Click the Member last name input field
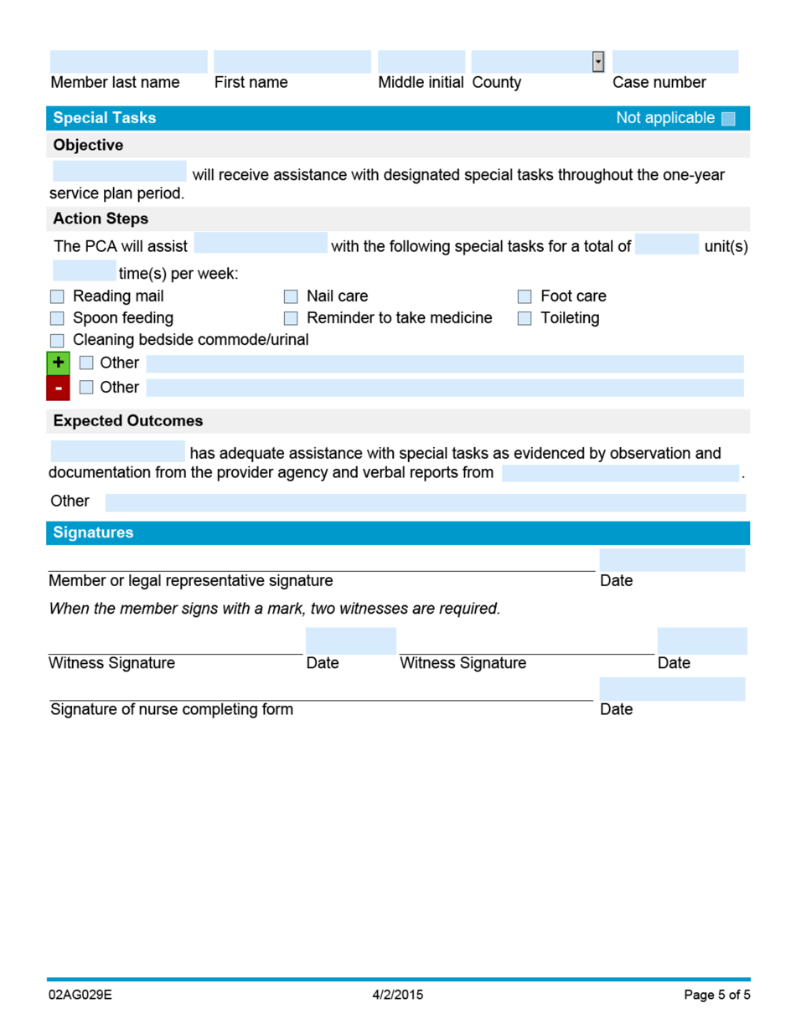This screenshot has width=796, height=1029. (x=128, y=62)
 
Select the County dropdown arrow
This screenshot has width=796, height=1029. (x=597, y=61)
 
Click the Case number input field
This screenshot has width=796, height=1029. (x=675, y=62)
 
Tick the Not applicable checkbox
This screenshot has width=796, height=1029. (x=727, y=119)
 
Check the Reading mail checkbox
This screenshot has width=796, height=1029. (x=57, y=296)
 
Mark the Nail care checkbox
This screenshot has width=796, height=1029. (x=291, y=296)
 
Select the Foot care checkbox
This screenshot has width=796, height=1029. (x=525, y=296)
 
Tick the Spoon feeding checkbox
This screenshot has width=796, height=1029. (x=57, y=318)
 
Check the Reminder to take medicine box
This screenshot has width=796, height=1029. (x=291, y=318)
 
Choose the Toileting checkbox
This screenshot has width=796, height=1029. (x=525, y=318)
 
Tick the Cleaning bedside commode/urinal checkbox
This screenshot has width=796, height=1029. (x=57, y=340)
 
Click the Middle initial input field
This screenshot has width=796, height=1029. (x=421, y=62)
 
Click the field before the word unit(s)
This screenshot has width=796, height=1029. (x=666, y=244)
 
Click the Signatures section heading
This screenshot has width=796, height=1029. (x=93, y=533)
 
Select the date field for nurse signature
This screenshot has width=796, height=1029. (x=672, y=689)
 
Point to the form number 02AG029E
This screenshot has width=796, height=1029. (x=80, y=996)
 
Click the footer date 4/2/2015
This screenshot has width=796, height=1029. (x=398, y=996)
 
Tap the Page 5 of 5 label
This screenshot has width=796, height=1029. (x=716, y=996)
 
